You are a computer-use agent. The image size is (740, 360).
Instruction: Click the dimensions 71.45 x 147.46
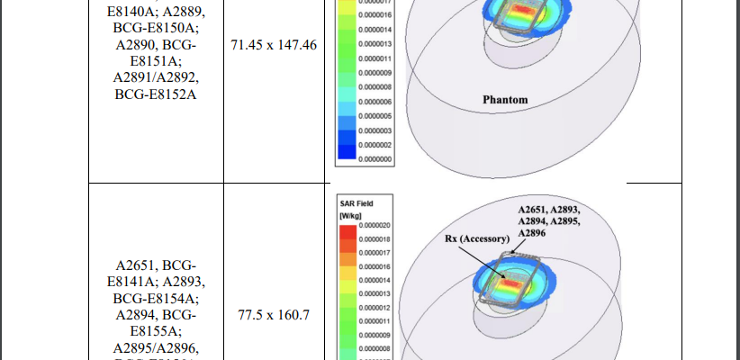coord(274,44)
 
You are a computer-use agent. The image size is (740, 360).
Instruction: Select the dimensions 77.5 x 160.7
coord(274,316)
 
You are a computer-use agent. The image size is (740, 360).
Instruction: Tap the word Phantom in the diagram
coord(504,99)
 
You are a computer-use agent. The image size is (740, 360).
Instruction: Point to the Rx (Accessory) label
coord(476,239)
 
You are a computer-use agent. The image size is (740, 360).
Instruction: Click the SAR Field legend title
coord(351,203)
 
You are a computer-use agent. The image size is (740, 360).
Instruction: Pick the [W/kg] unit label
coord(350,216)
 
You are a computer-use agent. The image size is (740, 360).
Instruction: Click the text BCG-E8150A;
coord(156,29)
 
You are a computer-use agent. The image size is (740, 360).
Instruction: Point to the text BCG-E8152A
coord(156,94)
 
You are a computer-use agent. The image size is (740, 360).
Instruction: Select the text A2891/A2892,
coord(156,77)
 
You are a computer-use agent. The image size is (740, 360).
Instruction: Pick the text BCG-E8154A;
coord(156,297)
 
